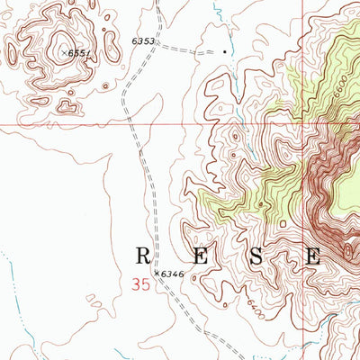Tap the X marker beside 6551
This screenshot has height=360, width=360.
tap(66, 53)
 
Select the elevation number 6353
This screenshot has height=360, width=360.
tap(143, 41)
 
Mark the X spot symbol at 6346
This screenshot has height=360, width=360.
tap(157, 272)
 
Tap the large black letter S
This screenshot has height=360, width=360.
tap(257, 256)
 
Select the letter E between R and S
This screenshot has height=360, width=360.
tap(200, 256)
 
